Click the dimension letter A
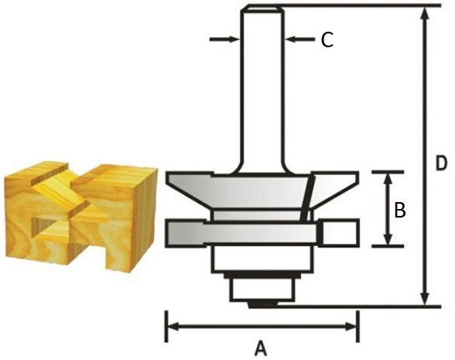[261, 348]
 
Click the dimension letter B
[400, 211]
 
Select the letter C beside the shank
[327, 39]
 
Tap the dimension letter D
[441, 163]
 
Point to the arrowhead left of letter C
[291, 39]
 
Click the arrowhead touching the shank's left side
[234, 39]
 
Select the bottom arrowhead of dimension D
[426, 299]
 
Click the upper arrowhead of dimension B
[388, 180]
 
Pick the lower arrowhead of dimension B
[388, 239]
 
